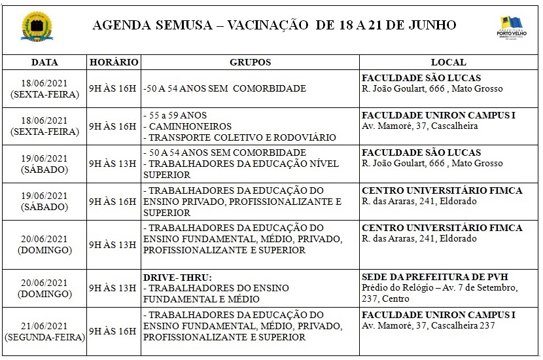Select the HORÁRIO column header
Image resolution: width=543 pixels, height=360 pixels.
[114, 62]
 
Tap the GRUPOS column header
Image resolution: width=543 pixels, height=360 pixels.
[250, 62]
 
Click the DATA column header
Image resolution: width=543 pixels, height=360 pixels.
[44, 62]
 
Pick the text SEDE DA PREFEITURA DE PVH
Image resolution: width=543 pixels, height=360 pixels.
[425, 277]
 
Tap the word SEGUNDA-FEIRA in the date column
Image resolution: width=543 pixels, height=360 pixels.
[44, 338]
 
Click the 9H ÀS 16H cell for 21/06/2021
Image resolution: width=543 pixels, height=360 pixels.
[113, 331]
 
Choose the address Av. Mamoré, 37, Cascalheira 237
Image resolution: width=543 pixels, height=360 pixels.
[429, 326]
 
